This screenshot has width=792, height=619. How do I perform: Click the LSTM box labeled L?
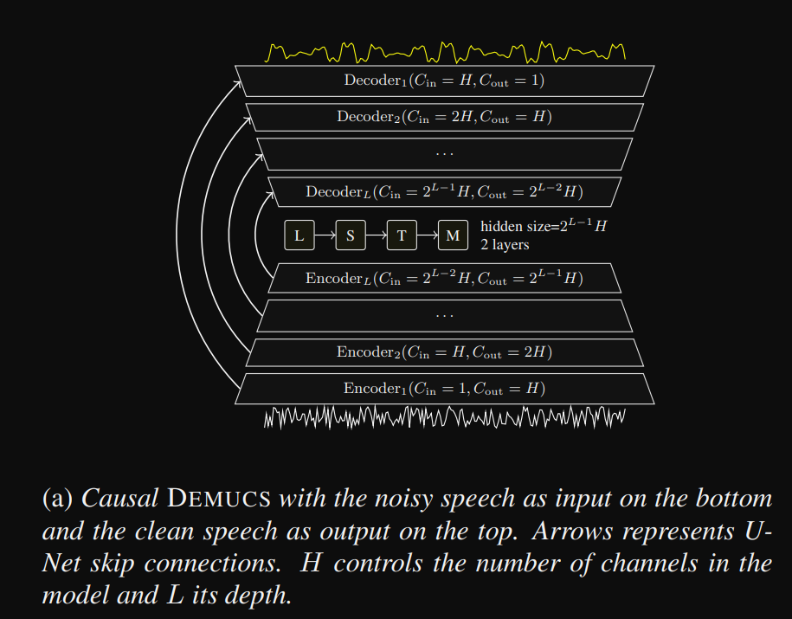(299, 235)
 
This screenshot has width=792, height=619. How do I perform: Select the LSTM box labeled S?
(351, 235)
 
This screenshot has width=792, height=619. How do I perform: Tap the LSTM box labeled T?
(402, 235)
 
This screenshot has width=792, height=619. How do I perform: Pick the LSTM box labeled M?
(453, 235)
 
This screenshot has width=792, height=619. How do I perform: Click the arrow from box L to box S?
(325, 235)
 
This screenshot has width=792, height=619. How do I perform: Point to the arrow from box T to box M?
(427, 235)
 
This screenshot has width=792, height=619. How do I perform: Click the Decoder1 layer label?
(444, 81)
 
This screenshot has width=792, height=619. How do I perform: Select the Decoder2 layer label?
(444, 117)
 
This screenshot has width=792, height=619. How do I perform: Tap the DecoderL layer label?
(444, 191)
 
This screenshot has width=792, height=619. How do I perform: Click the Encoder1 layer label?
(444, 389)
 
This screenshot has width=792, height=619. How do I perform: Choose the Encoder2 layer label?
(444, 352)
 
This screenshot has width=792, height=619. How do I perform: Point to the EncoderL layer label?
(444, 279)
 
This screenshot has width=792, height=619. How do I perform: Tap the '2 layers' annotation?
(505, 245)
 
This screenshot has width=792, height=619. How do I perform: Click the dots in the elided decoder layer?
(444, 154)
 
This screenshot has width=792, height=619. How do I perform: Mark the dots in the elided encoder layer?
(444, 315)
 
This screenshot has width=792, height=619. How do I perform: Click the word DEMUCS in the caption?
(220, 500)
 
